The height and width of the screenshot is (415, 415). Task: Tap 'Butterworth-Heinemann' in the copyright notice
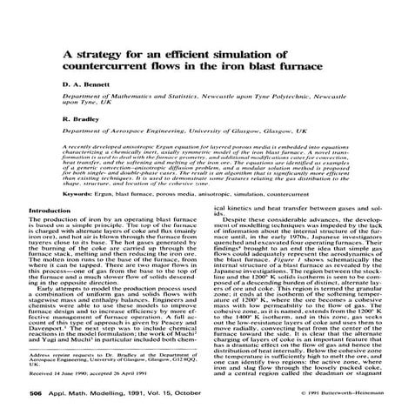click(x=375, y=394)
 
